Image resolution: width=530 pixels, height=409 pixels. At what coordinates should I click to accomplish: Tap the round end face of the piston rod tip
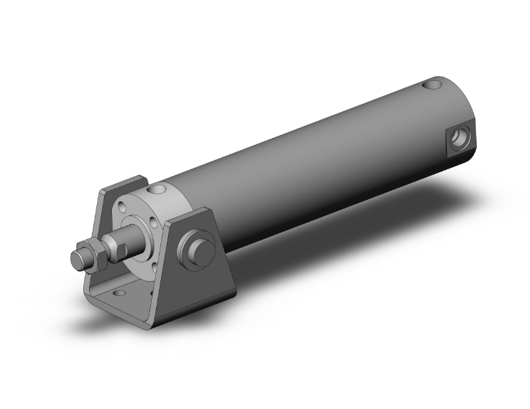(x=77, y=258)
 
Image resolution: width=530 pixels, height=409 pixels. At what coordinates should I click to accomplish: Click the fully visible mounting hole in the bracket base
(x=118, y=291)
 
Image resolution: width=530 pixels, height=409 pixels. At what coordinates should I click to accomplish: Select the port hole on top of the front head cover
(x=157, y=190)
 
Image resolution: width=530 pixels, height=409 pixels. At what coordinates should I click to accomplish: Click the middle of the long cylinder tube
(x=306, y=164)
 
